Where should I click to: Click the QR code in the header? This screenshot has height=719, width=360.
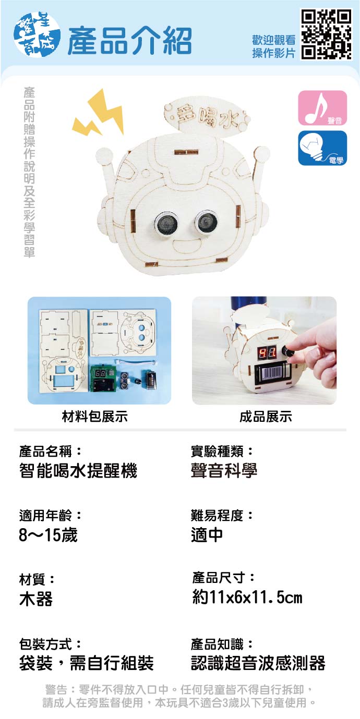tap(326, 34)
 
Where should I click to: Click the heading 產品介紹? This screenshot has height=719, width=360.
tap(130, 41)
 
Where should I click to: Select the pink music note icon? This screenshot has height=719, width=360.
tap(322, 108)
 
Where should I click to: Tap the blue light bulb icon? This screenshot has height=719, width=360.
tap(322, 148)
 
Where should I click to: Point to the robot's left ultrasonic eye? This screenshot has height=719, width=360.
tap(166, 223)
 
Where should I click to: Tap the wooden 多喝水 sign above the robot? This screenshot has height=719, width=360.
tap(206, 116)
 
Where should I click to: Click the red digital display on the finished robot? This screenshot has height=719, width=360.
tap(267, 354)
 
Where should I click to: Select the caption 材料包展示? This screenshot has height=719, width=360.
tap(95, 417)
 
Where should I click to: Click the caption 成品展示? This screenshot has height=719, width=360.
tap(266, 417)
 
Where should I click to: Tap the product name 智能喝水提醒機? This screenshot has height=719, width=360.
tap(78, 471)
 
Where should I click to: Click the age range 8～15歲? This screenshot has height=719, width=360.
tap(49, 535)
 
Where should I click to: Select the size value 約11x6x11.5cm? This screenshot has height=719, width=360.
tap(247, 598)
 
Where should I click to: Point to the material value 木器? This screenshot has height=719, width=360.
tap(36, 599)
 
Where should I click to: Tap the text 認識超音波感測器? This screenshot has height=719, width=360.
tap(258, 663)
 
